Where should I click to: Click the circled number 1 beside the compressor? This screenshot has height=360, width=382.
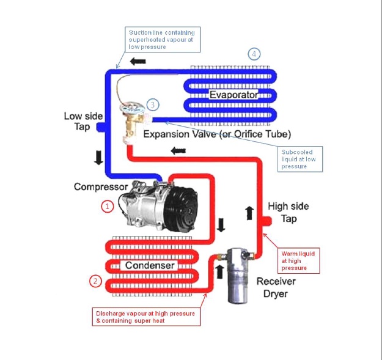(108, 207)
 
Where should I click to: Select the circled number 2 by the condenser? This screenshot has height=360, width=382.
(95, 281)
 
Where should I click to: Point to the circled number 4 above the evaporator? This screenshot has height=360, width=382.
(254, 54)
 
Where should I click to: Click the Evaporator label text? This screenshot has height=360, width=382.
(233, 95)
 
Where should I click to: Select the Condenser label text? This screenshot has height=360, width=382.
(150, 265)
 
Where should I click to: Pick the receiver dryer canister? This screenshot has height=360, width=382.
(238, 275)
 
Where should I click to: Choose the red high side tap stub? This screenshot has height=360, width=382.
(269, 221)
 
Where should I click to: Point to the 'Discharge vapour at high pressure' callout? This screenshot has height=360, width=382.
(145, 317)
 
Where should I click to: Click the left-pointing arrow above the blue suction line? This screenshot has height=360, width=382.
(138, 62)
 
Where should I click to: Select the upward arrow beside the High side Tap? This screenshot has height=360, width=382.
(249, 213)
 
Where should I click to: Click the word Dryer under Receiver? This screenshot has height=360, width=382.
(271, 293)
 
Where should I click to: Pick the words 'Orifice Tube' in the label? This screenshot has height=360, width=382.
(265, 134)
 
